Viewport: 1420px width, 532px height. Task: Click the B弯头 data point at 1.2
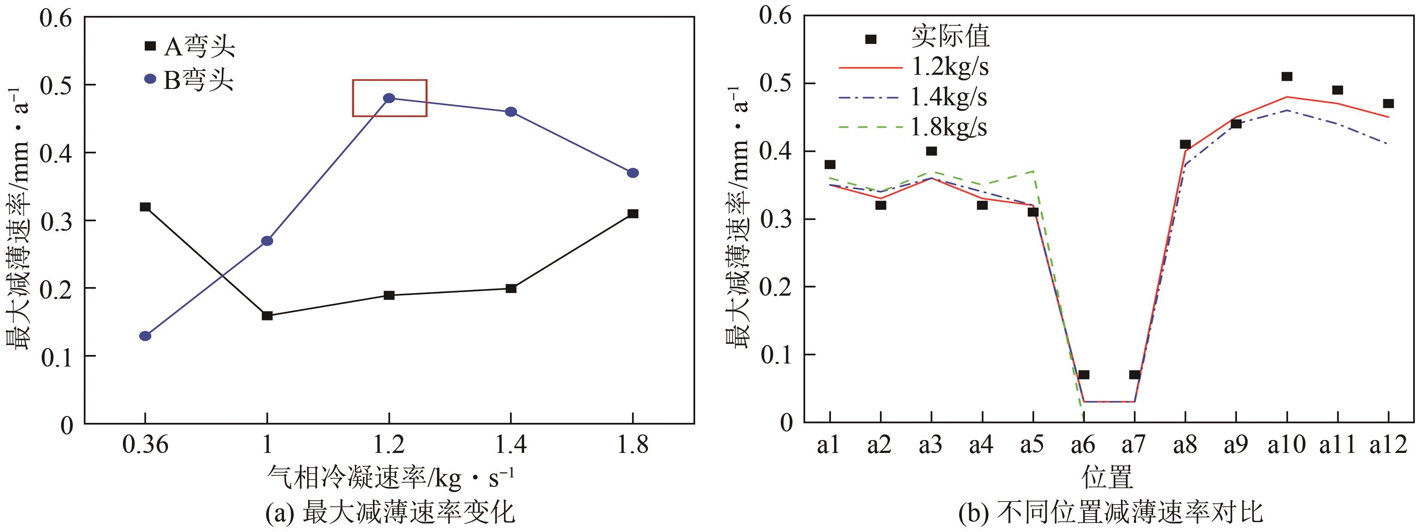[x=389, y=98]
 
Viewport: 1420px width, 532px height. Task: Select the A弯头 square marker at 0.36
[x=145, y=207]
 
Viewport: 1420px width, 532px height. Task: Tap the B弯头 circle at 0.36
[x=145, y=336]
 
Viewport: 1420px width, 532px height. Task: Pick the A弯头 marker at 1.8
[x=633, y=213]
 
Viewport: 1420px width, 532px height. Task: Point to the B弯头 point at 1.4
[x=511, y=112]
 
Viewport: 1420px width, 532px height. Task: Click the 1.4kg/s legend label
[x=948, y=98]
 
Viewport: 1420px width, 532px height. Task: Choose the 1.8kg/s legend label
[x=948, y=127]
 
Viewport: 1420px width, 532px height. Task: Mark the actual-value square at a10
[x=1287, y=76]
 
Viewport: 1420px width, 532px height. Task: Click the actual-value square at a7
[x=1134, y=375]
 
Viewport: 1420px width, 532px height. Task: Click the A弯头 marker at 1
[x=267, y=316]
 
